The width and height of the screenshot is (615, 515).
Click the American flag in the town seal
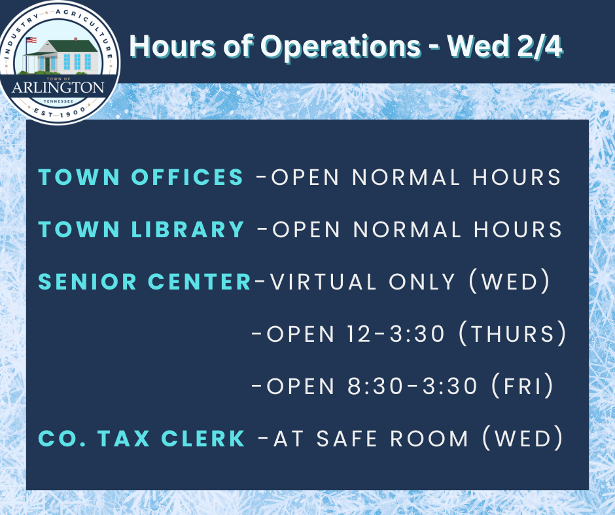point(30,41)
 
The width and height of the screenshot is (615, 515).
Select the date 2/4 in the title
point(540,47)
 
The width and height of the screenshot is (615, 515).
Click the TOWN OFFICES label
point(141,177)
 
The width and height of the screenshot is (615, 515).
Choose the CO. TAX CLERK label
point(142,439)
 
